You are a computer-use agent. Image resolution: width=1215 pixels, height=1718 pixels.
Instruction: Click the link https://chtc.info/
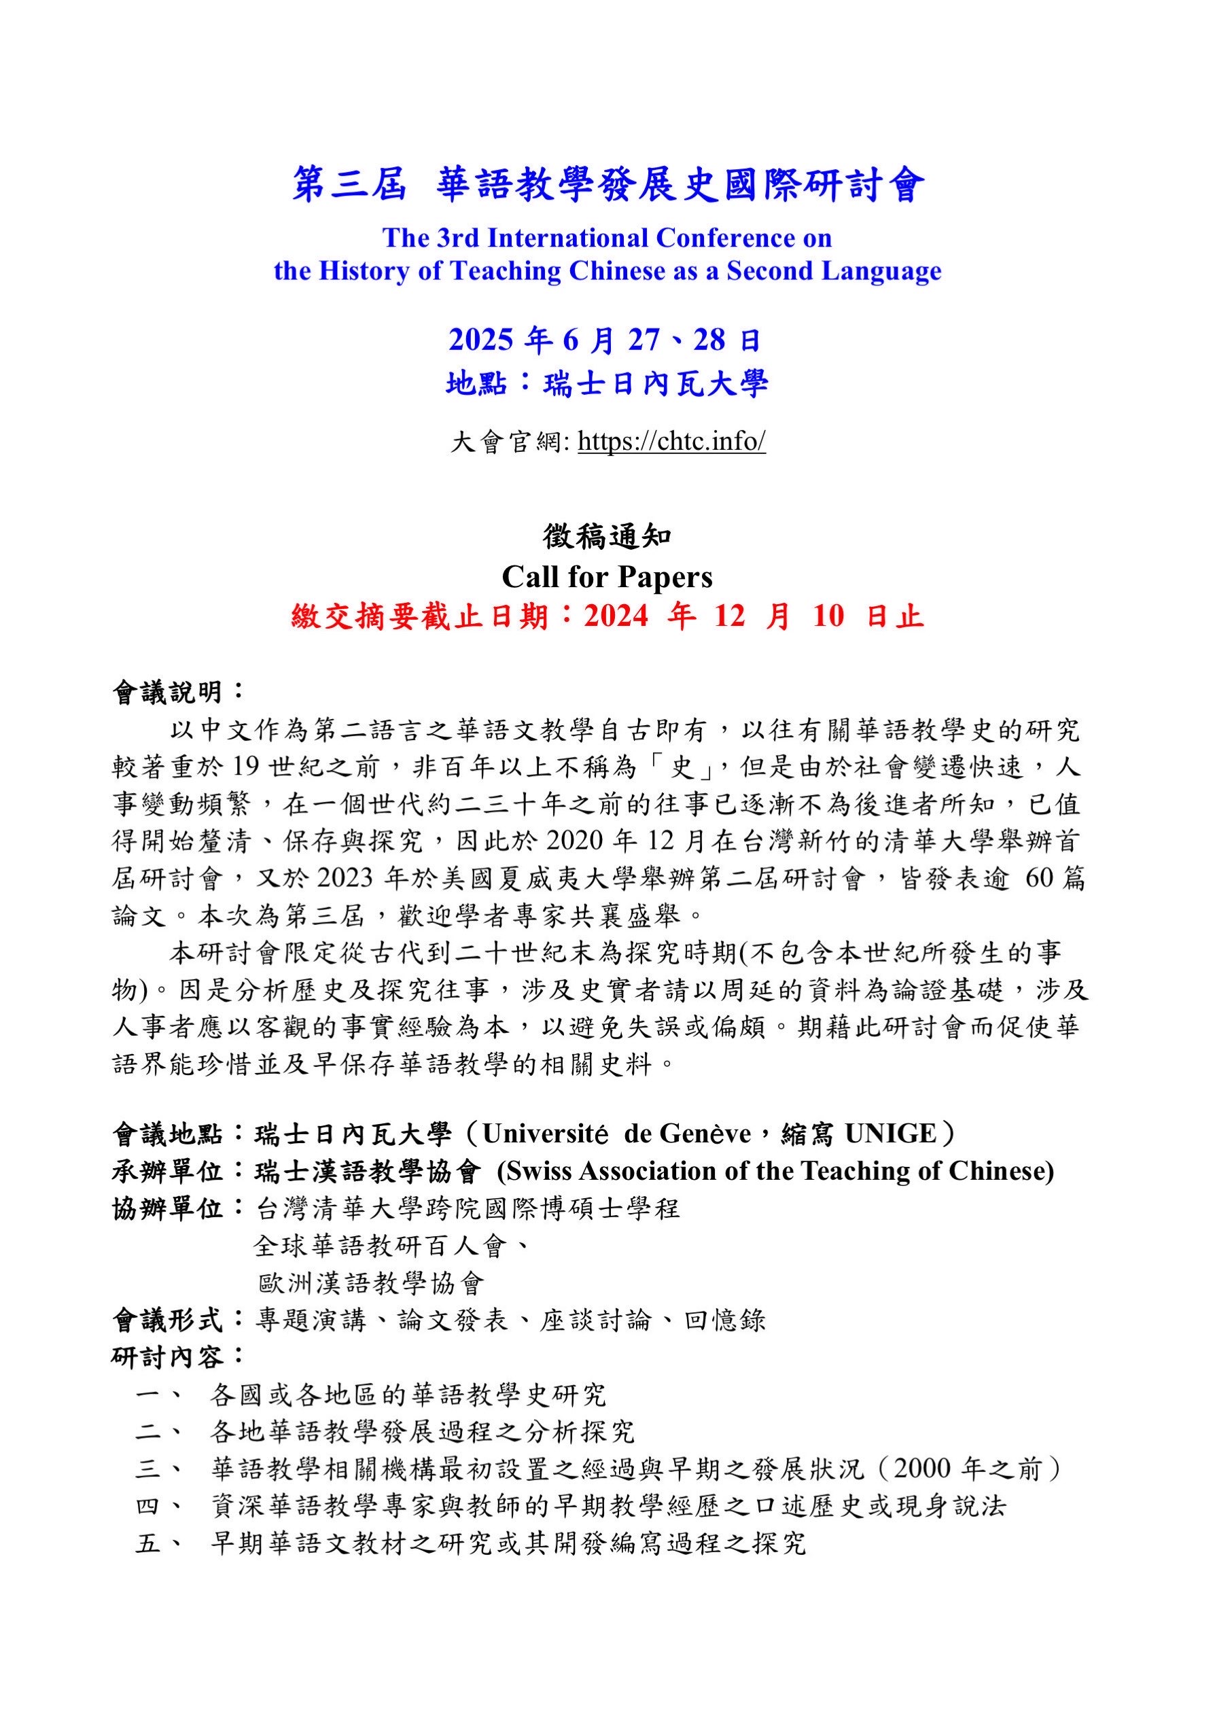tap(671, 442)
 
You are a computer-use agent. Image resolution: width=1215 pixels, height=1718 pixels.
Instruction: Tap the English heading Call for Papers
tap(607, 577)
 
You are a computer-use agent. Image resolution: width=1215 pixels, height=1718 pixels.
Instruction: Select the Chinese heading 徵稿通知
tap(607, 536)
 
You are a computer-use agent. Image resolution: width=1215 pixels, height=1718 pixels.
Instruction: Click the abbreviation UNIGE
tap(890, 1134)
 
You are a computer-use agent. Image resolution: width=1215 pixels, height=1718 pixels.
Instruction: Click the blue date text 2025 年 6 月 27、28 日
tap(605, 340)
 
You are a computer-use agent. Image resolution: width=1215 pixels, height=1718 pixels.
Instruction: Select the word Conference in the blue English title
tap(743, 238)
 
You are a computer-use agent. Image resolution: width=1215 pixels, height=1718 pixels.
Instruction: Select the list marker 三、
tap(158, 1469)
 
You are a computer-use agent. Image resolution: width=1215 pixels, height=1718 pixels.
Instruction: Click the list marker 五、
tap(158, 1543)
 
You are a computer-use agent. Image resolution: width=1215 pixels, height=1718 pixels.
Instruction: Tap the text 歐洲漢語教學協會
tap(371, 1283)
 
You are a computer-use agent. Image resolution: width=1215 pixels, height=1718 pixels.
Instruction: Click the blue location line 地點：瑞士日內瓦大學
tap(607, 385)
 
